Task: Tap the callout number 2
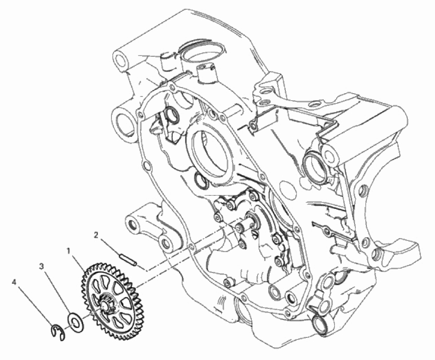[x=96, y=235]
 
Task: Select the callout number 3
[x=41, y=266]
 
